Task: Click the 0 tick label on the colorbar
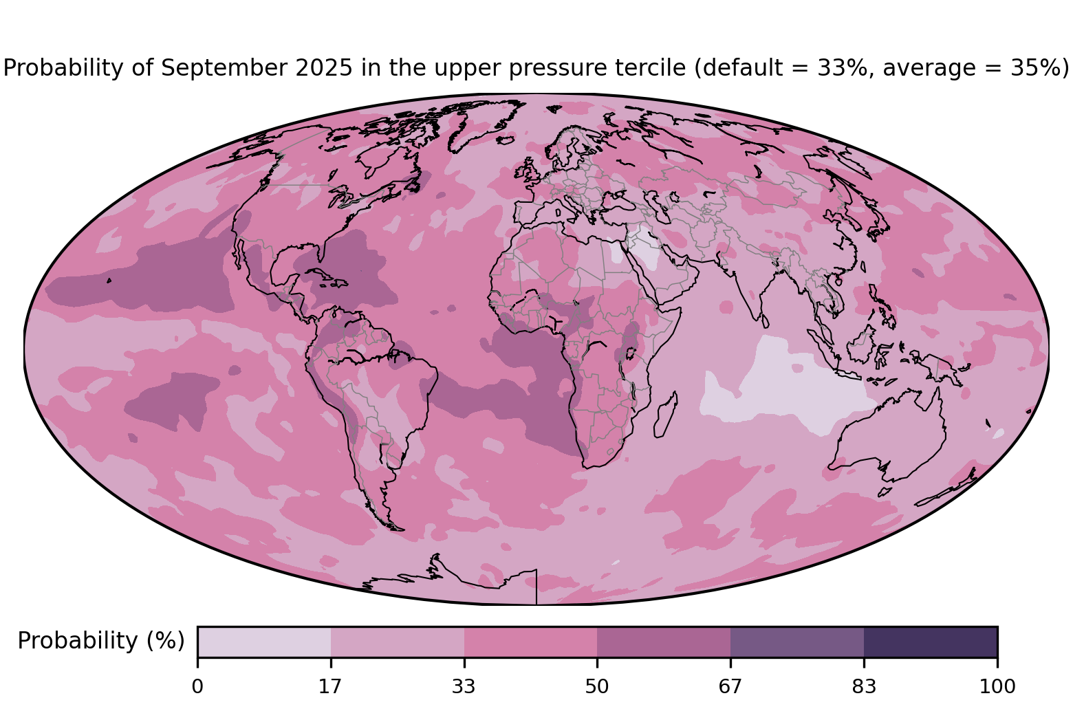tap(197, 686)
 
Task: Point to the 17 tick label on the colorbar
tap(331, 686)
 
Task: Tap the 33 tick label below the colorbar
tap(464, 686)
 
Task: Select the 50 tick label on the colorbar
tap(597, 686)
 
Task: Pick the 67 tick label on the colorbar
tap(730, 686)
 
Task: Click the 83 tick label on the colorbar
tap(864, 686)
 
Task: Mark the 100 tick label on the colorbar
tap(997, 686)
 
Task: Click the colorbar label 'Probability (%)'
tap(101, 641)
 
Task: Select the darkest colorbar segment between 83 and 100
tap(930, 642)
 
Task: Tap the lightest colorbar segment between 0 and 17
tap(264, 642)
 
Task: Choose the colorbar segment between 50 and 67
tap(664, 642)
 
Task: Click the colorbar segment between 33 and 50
tap(530, 642)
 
